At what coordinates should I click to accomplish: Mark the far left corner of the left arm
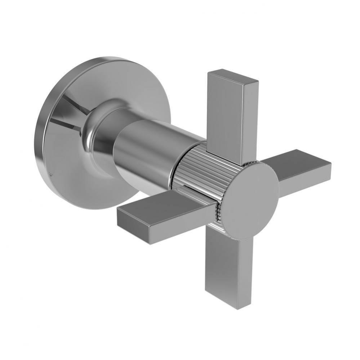pos(118,215)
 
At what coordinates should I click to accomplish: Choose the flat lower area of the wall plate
pos(83,187)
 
